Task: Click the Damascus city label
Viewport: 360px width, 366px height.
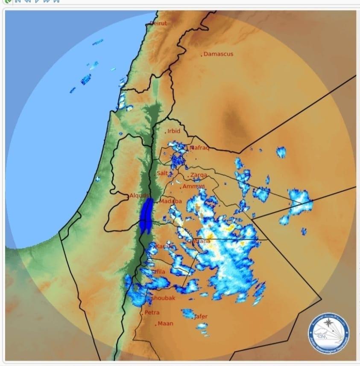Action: click(219, 54)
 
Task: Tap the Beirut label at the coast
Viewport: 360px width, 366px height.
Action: click(158, 23)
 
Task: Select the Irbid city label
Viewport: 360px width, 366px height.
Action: click(174, 131)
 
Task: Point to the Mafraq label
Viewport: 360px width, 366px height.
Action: click(199, 148)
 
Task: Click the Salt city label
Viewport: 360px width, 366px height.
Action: click(162, 173)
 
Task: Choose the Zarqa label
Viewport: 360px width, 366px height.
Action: click(199, 175)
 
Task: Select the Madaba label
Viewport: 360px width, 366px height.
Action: click(171, 201)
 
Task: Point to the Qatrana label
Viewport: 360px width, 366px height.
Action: click(199, 241)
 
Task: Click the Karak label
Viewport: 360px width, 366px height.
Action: click(164, 247)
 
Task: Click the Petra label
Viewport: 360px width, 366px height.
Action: click(152, 312)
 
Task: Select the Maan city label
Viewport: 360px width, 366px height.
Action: click(166, 323)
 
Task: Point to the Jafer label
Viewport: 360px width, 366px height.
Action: click(201, 317)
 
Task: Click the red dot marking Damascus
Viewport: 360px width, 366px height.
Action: click(202, 55)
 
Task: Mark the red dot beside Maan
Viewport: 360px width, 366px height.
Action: click(156, 324)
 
